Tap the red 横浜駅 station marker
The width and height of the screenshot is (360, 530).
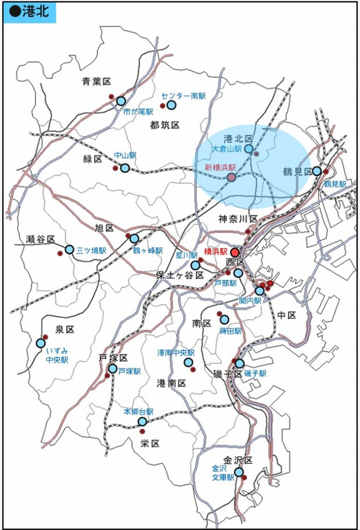coord(235,253)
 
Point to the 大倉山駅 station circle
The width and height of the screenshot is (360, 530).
coord(249,149)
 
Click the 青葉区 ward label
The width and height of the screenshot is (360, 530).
coord(97,81)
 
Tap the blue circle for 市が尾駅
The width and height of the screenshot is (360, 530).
coord(121,101)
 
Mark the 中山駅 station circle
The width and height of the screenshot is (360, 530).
coord(125,168)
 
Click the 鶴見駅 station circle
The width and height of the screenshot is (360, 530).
coord(316,171)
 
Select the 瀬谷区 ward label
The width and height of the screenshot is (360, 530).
coord(40,239)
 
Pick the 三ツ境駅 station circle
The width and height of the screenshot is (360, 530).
coord(69,249)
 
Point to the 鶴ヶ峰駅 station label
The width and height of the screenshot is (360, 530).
coord(148,251)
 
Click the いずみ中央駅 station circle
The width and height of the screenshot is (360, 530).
coord(41,343)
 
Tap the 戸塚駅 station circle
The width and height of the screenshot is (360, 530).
coord(113,369)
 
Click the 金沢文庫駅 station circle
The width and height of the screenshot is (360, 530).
coord(239,472)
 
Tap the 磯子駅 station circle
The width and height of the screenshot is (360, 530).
coord(240,364)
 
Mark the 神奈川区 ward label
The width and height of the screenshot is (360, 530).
coord(237,217)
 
